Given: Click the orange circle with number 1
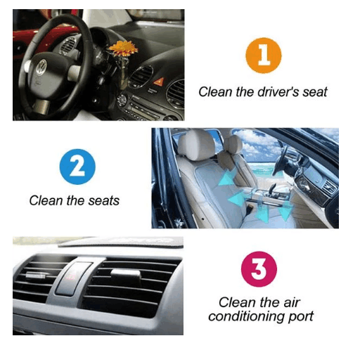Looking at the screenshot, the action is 264,56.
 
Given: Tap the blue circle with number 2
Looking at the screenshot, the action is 77,167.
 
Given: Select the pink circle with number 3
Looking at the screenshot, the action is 259,269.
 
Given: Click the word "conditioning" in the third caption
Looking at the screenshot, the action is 247,317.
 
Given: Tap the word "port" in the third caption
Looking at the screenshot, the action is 301,317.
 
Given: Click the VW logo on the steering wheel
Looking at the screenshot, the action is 41,67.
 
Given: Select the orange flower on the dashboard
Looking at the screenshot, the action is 123,49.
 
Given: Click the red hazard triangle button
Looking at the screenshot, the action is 158,82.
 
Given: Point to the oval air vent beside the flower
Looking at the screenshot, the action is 141,77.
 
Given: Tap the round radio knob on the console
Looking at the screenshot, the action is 122,100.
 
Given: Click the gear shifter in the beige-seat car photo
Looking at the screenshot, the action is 273,188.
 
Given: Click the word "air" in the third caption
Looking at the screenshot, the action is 291,303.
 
